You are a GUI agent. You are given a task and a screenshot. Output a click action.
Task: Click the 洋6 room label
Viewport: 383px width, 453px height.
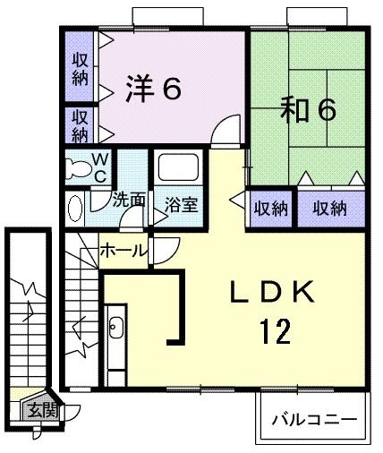153,89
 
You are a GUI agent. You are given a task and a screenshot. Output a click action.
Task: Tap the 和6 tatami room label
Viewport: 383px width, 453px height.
309,109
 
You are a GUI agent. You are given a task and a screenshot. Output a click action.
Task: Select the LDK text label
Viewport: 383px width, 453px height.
272,292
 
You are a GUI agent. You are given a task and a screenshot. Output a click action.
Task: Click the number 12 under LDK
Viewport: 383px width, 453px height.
275,331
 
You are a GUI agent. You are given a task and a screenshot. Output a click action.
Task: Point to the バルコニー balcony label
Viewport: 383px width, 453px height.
314,420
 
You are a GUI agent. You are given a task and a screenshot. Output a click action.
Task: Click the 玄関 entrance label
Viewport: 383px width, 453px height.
43,411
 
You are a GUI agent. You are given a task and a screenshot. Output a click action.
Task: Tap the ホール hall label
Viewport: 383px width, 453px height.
123,251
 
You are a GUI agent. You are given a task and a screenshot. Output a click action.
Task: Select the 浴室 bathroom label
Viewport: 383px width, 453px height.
181,205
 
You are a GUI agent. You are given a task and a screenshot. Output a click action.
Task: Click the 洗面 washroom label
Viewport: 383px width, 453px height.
129,199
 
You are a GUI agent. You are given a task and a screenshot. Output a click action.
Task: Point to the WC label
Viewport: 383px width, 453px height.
100,168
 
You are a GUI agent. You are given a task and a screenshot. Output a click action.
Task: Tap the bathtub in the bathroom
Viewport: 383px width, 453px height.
178,167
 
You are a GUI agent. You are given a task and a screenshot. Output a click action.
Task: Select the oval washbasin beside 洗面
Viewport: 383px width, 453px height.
75,209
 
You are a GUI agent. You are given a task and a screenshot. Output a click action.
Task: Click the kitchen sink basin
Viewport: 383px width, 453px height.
116,328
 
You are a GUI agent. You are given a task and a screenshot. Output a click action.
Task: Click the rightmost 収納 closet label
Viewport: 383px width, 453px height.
330,209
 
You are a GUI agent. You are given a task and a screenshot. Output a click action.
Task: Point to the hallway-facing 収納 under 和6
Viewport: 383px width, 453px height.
271,209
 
